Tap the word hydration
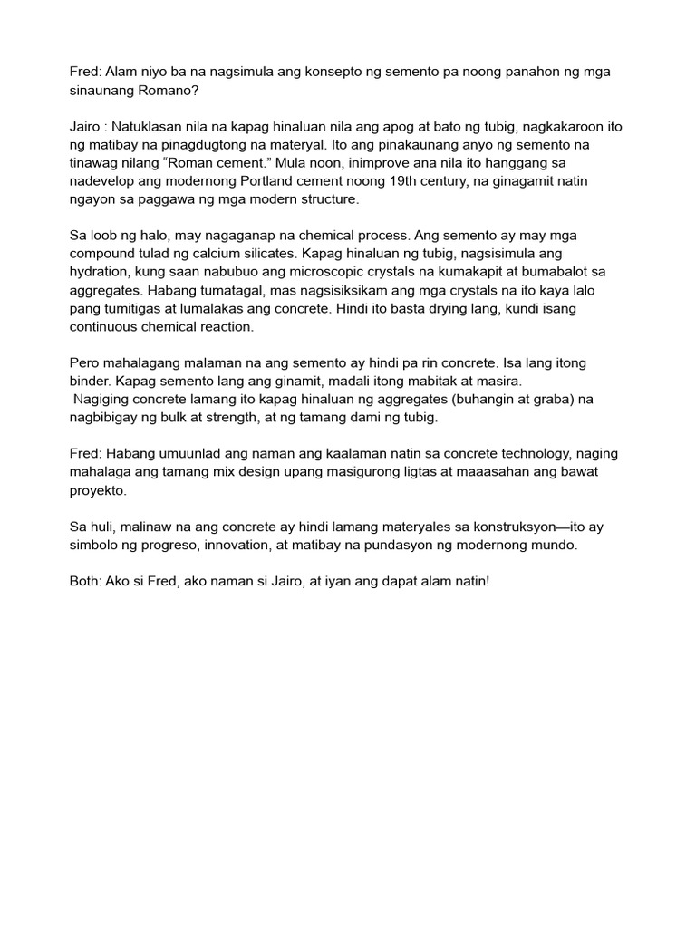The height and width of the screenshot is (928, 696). coord(101,273)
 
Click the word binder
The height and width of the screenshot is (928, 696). coord(91,381)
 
